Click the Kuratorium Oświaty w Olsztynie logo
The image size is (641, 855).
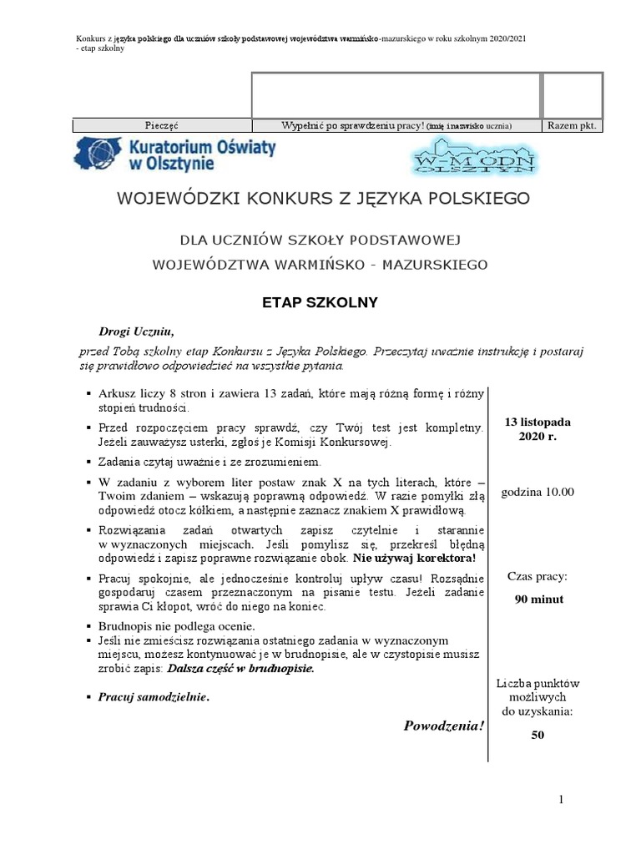pyautogui.click(x=176, y=156)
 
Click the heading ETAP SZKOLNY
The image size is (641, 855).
pyautogui.click(x=321, y=303)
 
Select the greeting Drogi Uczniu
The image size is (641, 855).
pyautogui.click(x=136, y=331)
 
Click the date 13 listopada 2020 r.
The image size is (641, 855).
pyautogui.click(x=538, y=429)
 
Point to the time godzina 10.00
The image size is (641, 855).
pyautogui.click(x=538, y=492)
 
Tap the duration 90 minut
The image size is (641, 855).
pyautogui.click(x=538, y=599)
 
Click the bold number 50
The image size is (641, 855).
pyautogui.click(x=538, y=735)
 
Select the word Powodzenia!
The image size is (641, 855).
pyautogui.click(x=443, y=725)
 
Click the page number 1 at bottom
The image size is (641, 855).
pyautogui.click(x=562, y=800)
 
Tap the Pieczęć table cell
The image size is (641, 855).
pyautogui.click(x=162, y=126)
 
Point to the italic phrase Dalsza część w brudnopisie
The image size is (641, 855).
pyautogui.click(x=240, y=669)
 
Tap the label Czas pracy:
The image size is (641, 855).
pyautogui.click(x=538, y=577)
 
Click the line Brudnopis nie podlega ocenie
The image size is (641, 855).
pyautogui.click(x=177, y=625)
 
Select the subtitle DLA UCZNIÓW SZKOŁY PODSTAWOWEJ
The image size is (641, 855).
pyautogui.click(x=320, y=240)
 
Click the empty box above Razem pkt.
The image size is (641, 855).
pyautogui.click(x=572, y=95)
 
